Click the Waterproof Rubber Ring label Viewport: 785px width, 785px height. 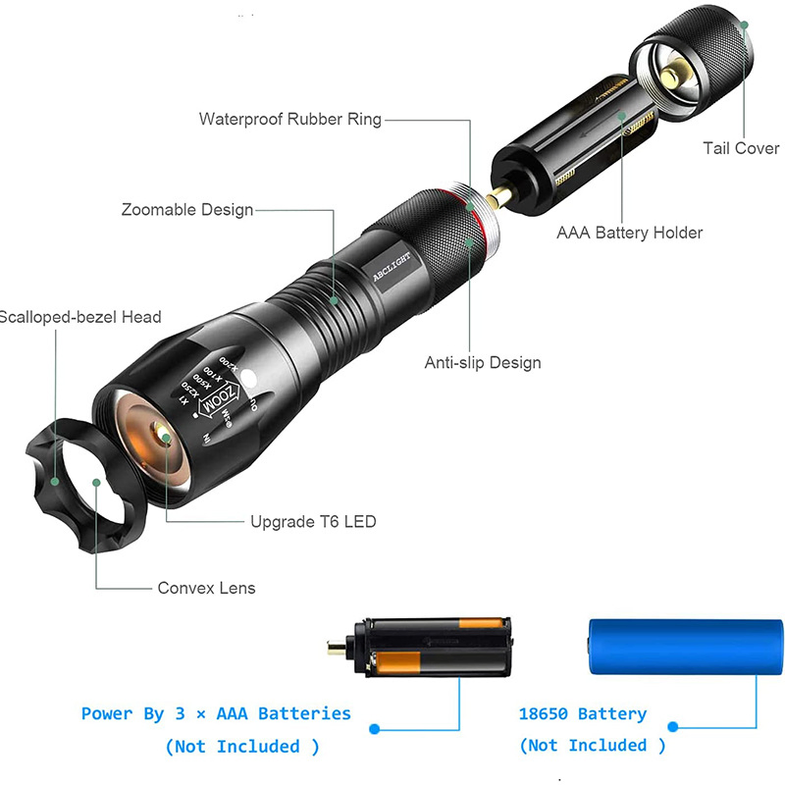(x=289, y=120)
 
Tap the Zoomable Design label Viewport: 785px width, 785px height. (x=186, y=210)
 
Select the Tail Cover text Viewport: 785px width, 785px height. (x=741, y=149)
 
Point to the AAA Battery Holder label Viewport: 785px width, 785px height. (x=629, y=233)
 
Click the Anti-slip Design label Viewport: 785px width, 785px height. (x=482, y=363)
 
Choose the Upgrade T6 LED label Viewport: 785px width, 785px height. (x=313, y=522)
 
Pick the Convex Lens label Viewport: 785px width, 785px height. (x=206, y=588)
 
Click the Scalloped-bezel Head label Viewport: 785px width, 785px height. (x=80, y=317)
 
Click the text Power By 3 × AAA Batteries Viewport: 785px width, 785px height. (x=216, y=714)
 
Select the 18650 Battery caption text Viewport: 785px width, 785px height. (x=583, y=714)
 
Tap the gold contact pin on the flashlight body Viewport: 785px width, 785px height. (x=500, y=195)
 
